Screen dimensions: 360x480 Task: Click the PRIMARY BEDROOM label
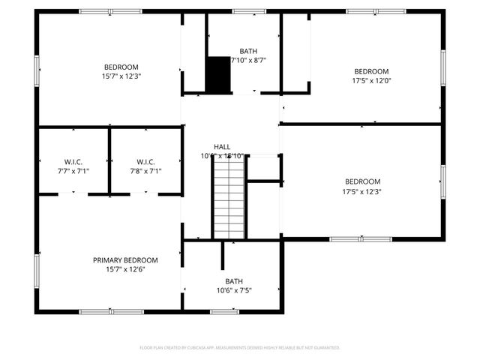tap(125, 260)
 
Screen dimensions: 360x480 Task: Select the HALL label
tap(222, 147)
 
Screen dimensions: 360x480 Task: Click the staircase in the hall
tap(229, 201)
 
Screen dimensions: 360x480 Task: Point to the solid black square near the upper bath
tap(218, 76)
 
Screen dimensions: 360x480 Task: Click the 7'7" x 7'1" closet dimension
tap(73, 171)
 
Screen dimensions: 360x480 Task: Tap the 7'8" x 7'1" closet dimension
tap(145, 171)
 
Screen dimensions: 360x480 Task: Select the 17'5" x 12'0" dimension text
tap(370, 81)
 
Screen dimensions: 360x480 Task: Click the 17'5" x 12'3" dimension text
tap(362, 191)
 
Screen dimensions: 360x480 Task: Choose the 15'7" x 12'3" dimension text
tap(122, 76)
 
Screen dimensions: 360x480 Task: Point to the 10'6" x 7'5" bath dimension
tap(234, 291)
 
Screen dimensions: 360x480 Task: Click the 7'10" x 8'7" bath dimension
tap(248, 60)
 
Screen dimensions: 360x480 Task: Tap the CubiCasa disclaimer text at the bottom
tap(240, 348)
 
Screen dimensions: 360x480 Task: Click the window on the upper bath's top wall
tap(244, 11)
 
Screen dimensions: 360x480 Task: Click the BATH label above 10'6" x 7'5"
tap(234, 282)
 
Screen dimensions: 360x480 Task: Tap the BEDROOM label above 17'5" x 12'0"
tap(370, 72)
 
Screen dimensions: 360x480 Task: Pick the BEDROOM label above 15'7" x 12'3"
tap(122, 67)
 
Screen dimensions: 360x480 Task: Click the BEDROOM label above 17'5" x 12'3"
tap(362, 181)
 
